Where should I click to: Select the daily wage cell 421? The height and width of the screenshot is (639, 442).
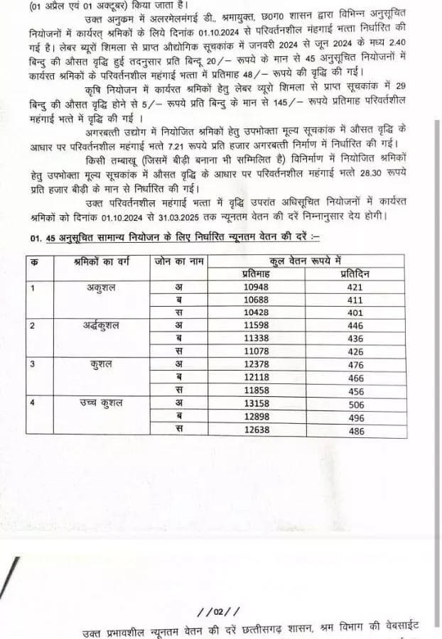tap(355, 288)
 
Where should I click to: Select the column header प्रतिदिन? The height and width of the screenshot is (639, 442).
tap(355, 274)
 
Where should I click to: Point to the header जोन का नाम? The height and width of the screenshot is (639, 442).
tap(179, 261)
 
